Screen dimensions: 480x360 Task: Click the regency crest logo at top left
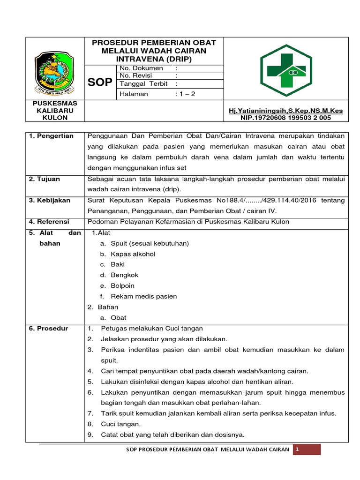click(x=54, y=72)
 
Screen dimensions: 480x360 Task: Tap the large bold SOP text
click(x=100, y=82)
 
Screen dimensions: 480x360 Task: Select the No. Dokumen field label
click(x=142, y=68)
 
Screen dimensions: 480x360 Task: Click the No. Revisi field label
click(x=139, y=75)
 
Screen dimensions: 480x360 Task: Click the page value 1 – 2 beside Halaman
click(x=185, y=94)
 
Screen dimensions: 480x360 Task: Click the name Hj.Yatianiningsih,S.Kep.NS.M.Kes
click(x=285, y=111)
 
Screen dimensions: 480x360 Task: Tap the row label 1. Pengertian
click(x=51, y=136)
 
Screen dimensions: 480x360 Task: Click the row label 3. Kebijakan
click(x=50, y=200)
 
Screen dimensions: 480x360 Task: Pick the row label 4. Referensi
click(x=49, y=221)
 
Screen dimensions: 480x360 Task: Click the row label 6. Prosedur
click(x=48, y=328)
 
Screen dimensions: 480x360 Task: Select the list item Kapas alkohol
click(x=133, y=254)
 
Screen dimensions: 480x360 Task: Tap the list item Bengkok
click(x=125, y=275)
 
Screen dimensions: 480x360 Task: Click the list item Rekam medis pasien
click(x=143, y=296)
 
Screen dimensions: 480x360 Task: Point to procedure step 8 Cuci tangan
click(x=114, y=424)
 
